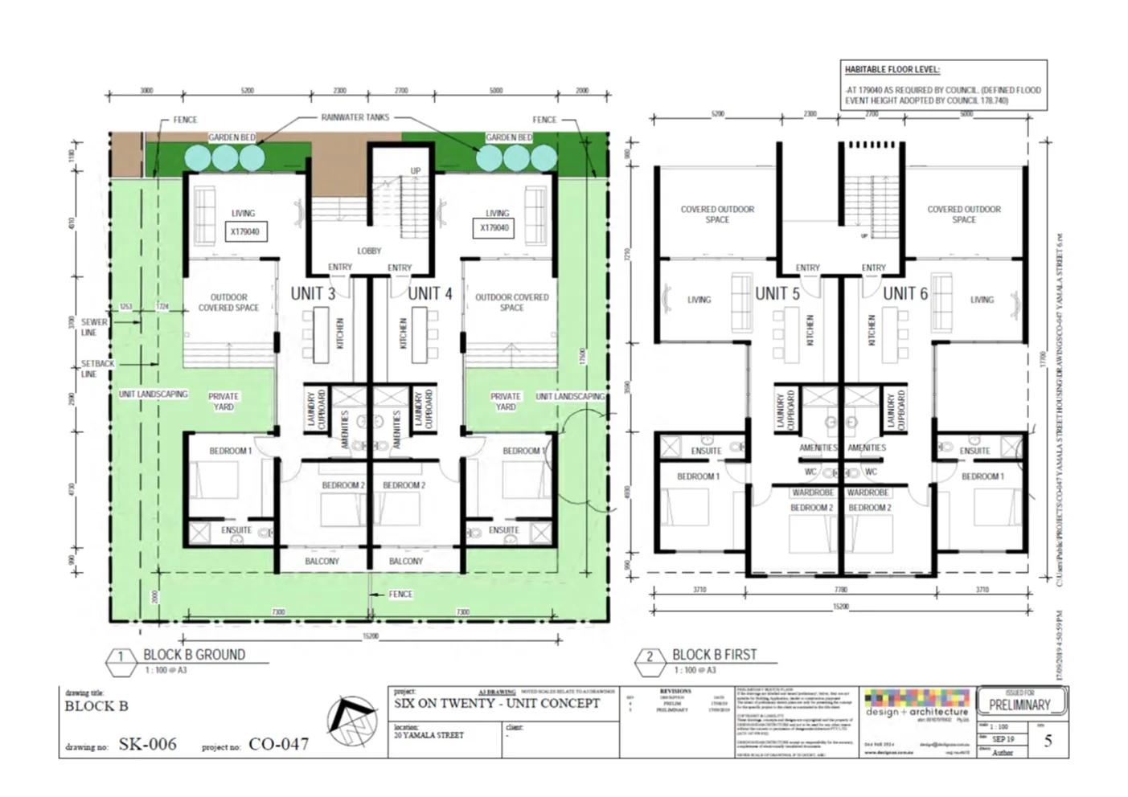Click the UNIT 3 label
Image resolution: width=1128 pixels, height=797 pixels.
click(x=313, y=293)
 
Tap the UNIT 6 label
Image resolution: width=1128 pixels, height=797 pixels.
click(x=905, y=293)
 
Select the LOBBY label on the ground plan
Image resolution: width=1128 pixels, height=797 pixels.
click(x=369, y=251)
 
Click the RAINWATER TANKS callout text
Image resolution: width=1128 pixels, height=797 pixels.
click(x=355, y=117)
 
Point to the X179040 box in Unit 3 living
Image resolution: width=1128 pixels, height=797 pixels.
click(x=244, y=231)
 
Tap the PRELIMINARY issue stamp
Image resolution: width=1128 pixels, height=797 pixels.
click(x=1019, y=705)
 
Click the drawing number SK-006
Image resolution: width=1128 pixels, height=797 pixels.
click(x=147, y=744)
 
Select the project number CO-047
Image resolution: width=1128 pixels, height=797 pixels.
click(x=278, y=744)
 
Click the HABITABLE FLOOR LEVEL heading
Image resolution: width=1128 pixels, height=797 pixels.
click(x=892, y=70)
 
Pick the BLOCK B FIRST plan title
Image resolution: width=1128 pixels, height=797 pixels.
click(x=714, y=655)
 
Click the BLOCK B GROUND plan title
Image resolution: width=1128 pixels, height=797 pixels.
click(x=194, y=655)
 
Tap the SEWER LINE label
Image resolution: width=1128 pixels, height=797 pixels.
click(x=93, y=327)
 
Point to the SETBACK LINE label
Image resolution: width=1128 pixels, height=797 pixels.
click(x=97, y=368)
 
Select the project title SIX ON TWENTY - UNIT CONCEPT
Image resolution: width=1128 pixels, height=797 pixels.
click(x=496, y=703)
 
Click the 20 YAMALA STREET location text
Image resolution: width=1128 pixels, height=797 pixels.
click(x=429, y=734)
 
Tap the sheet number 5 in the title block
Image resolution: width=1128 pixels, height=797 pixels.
click(x=1048, y=740)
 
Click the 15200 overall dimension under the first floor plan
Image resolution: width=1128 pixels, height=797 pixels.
click(x=840, y=607)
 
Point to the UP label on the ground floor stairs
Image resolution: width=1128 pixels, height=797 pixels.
click(x=416, y=170)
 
